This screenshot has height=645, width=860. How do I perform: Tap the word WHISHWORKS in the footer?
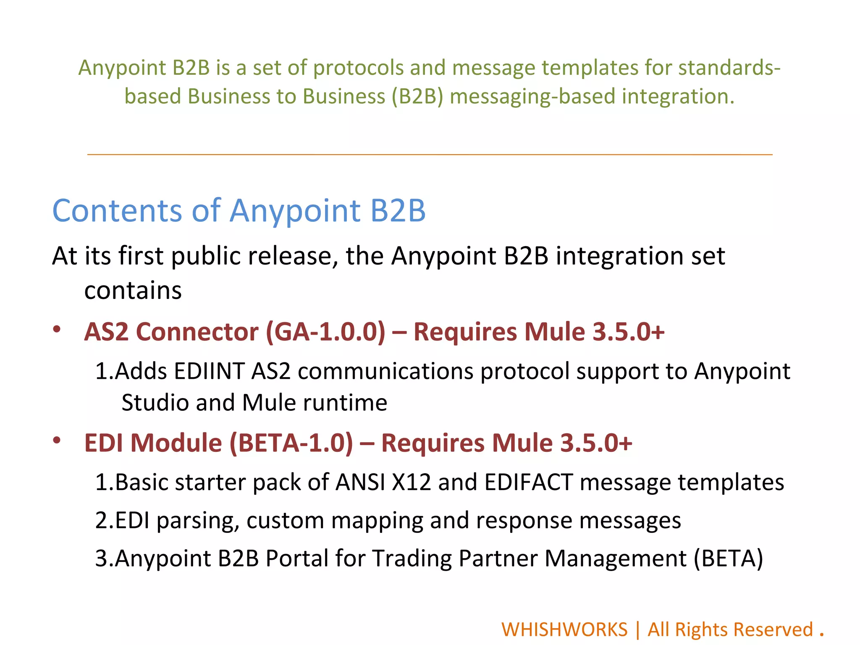564,629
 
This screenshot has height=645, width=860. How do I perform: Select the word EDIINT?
209,371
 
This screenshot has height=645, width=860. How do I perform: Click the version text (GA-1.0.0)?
325,332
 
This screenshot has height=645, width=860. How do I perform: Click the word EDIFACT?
528,482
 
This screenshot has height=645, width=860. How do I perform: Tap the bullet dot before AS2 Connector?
57,329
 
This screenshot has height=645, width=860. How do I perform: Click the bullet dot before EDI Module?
57,440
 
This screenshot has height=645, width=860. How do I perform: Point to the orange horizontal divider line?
430,155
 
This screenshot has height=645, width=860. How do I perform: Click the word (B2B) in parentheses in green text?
417,96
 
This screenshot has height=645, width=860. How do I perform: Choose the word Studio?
155,403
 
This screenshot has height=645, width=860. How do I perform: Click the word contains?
133,291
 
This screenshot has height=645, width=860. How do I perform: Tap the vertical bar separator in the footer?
638,629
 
